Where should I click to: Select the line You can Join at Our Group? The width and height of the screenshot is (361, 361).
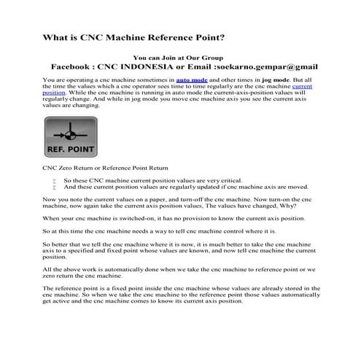pos(180,57)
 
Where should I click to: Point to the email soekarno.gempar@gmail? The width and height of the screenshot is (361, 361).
pos(276,66)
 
